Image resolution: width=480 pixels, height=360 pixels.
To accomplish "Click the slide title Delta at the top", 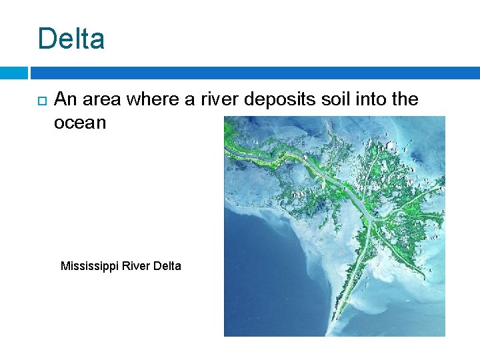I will pos(71,39).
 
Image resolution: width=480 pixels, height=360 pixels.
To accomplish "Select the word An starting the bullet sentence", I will pos(65,100).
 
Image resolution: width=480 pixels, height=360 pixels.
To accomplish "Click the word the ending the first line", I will pos(403,100).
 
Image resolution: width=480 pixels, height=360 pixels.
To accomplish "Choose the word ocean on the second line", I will pos(80,123).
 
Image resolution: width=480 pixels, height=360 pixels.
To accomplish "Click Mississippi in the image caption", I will pos(87,266).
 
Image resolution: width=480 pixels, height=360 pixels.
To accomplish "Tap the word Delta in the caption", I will pos(167,266).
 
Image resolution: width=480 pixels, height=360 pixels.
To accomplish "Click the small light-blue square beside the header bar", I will pos(13,73).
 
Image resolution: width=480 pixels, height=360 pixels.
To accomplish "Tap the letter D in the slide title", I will pos(46,39).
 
